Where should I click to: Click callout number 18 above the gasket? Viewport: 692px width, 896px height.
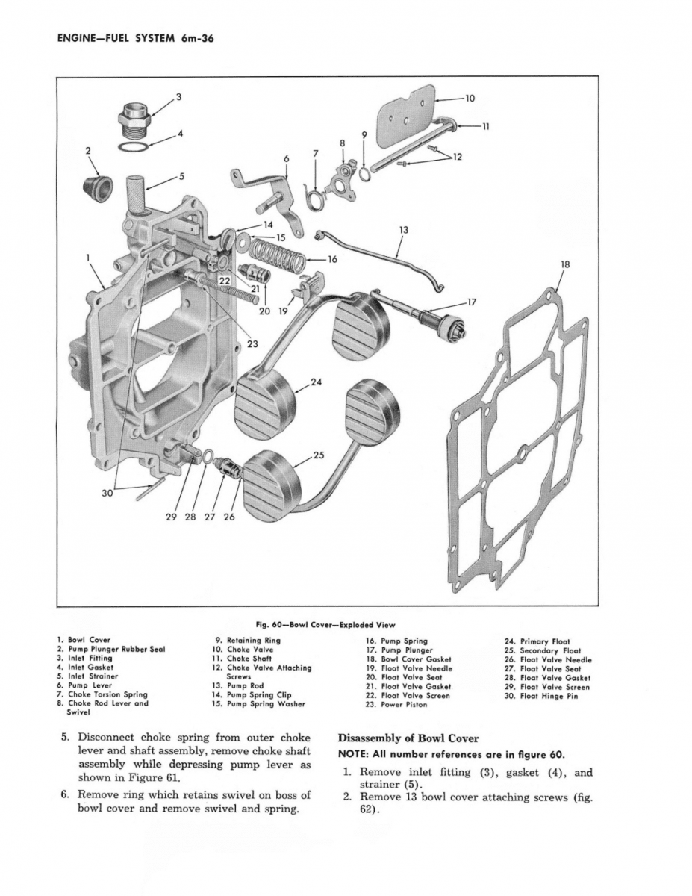[x=564, y=264]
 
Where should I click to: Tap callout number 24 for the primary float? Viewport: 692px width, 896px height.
[x=316, y=382]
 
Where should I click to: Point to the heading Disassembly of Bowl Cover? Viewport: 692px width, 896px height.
[x=408, y=738]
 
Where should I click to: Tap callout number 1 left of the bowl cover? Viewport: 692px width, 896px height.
[x=89, y=258]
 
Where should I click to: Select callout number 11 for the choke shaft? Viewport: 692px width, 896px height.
[x=485, y=126]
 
